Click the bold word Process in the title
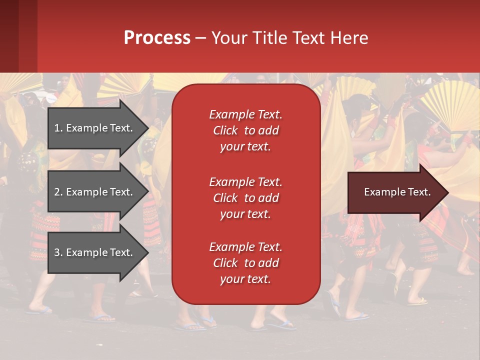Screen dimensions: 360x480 (x=157, y=38)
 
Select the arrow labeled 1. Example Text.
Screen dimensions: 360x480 (x=93, y=128)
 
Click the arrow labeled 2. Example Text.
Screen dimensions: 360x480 (x=93, y=192)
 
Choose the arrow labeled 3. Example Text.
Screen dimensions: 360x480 (x=93, y=252)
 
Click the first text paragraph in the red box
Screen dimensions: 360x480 (x=245, y=130)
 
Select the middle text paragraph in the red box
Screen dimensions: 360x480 (x=245, y=198)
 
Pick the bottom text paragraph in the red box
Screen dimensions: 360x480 (x=245, y=263)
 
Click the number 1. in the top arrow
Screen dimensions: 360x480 (x=58, y=128)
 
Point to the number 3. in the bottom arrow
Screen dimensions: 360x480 (x=58, y=252)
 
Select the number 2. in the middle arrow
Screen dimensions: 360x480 (x=58, y=192)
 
